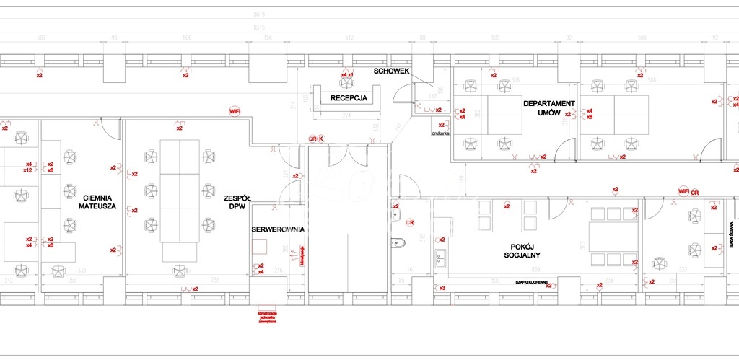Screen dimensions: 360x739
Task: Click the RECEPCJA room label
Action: pyautogui.click(x=349, y=97)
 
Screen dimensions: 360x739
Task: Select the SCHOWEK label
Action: pyautogui.click(x=392, y=71)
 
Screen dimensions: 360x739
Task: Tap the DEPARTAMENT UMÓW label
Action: pyautogui.click(x=548, y=109)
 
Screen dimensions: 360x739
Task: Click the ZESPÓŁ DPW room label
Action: pyautogui.click(x=237, y=201)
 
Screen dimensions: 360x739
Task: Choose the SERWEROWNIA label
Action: pyautogui.click(x=278, y=229)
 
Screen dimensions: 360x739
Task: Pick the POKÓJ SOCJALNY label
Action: pyautogui.click(x=522, y=250)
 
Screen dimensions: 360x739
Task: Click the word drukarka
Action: pyautogui.click(x=441, y=133)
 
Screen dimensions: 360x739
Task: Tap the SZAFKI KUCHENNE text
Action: pyautogui.click(x=531, y=282)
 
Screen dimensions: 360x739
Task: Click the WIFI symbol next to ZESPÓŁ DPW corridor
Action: pyautogui.click(x=235, y=111)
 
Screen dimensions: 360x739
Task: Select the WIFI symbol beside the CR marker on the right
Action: pyautogui.click(x=683, y=191)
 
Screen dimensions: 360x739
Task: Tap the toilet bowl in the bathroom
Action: pyautogui.click(x=397, y=242)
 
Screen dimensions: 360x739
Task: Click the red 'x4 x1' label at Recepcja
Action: pyautogui.click(x=347, y=75)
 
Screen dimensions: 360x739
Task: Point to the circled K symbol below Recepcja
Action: pyautogui.click(x=321, y=138)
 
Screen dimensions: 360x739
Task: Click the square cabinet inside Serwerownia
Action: pyautogui.click(x=259, y=246)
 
